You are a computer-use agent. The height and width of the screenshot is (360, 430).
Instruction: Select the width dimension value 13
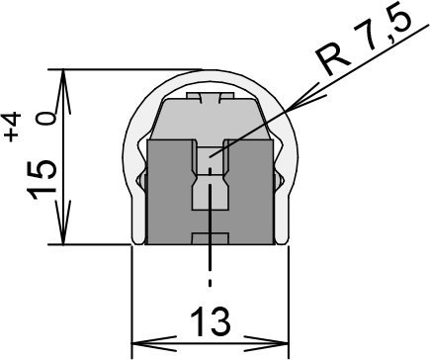210,320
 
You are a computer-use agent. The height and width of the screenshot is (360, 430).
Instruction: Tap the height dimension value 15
42,180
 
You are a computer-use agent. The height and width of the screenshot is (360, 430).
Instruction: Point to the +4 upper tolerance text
12,127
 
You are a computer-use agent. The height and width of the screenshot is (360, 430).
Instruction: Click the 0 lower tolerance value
45,119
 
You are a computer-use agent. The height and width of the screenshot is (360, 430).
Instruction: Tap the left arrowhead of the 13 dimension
154,344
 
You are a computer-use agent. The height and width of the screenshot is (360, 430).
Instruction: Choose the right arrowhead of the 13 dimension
266,344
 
